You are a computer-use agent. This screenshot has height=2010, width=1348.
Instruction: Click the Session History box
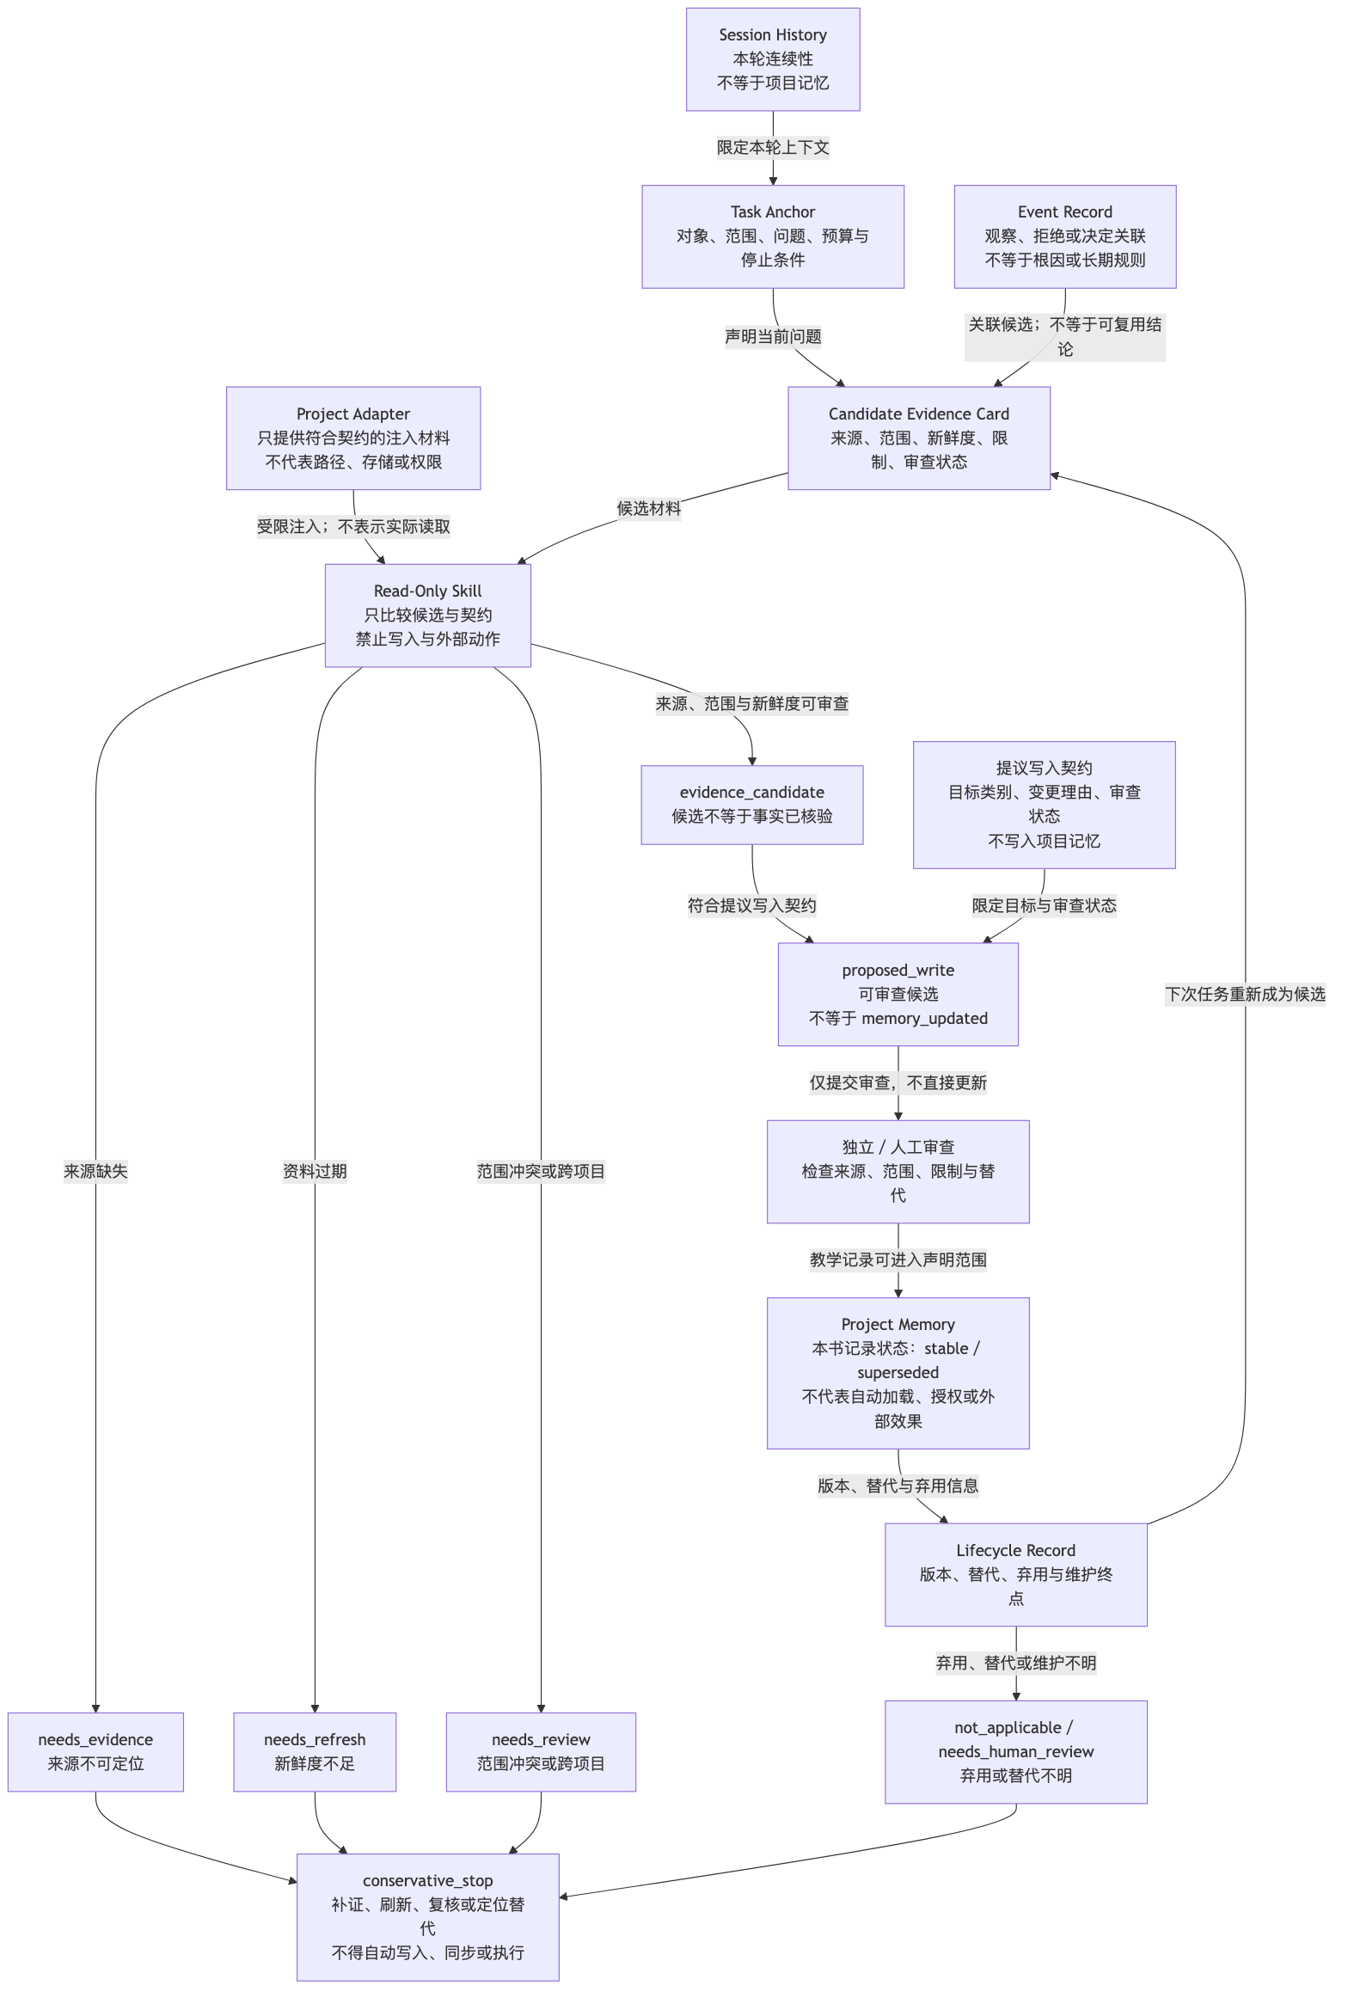pos(773,59)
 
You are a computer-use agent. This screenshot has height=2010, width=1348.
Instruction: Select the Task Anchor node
pos(773,236)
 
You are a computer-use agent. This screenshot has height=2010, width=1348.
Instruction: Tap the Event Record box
pos(1065,236)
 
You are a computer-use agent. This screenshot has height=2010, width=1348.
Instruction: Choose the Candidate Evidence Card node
pos(919,438)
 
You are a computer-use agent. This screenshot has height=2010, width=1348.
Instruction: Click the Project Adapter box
pos(353,438)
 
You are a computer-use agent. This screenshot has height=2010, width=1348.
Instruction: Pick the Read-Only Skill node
pos(428,616)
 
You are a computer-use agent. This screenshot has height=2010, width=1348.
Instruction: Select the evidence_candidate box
pos(752,805)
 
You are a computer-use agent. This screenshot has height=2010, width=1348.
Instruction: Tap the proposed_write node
pos(898,995)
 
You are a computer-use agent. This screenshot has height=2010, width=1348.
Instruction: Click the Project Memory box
pos(898,1373)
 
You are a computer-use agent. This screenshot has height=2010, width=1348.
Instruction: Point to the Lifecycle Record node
pos(1016,1575)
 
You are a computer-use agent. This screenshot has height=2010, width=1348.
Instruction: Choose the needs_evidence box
pos(95,1752)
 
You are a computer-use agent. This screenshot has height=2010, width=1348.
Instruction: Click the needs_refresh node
pos(315,1752)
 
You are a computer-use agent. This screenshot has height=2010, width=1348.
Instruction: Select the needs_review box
pos(541,1752)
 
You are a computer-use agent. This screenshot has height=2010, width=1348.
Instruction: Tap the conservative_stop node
pos(428,1917)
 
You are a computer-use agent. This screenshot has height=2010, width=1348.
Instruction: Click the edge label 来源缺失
pos(95,1171)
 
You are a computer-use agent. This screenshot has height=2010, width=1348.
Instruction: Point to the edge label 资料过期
pos(315,1171)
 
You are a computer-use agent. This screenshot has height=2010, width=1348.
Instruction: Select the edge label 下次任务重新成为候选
pos(1245,995)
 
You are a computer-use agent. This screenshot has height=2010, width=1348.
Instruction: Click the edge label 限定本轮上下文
pos(773,148)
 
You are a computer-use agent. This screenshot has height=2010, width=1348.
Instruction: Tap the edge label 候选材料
pos(649,509)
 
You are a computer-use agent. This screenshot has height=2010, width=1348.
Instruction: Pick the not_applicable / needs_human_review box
pos(1016,1752)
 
